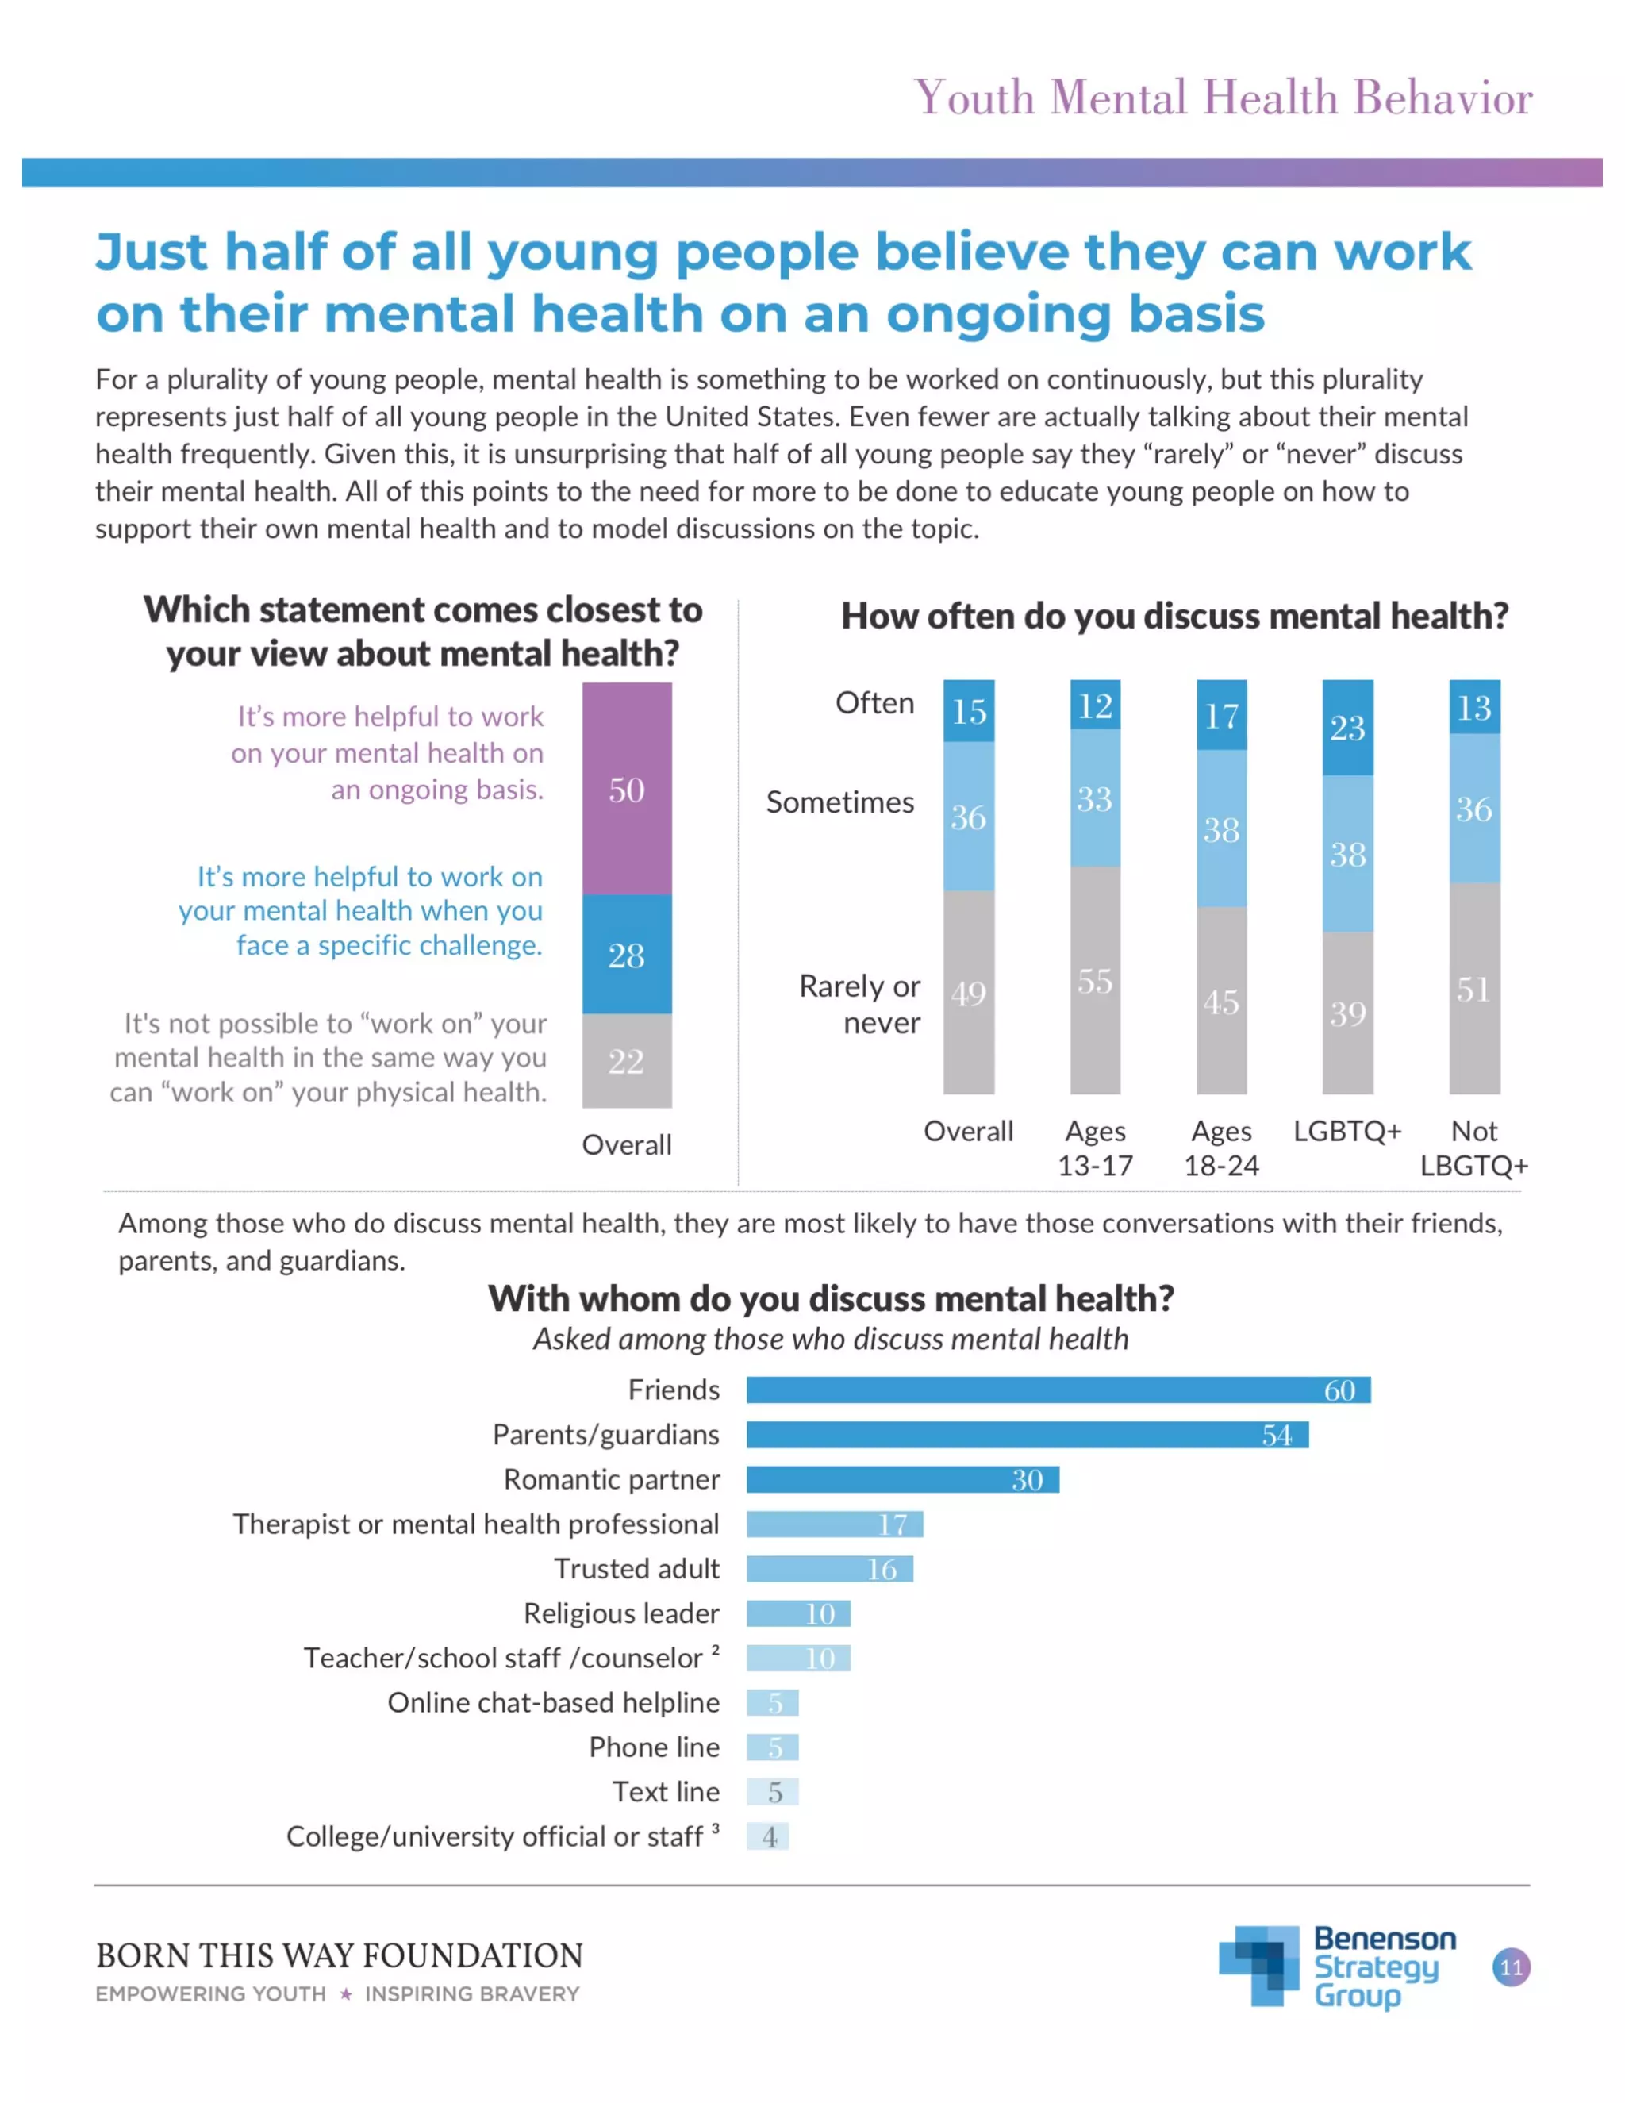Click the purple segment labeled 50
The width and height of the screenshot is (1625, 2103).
pos(627,789)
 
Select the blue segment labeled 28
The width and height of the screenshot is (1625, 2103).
pos(627,953)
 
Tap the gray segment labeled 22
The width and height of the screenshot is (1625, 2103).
pos(627,1060)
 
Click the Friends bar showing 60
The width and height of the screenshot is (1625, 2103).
pos(1057,1390)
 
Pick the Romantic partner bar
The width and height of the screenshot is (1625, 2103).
pos(902,1479)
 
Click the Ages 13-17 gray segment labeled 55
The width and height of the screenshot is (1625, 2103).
pos(1094,980)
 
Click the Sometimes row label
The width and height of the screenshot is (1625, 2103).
pos(839,802)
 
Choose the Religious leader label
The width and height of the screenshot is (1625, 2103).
pos(621,1613)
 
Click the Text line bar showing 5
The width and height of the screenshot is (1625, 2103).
pos(772,1792)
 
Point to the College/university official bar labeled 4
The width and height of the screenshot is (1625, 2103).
pos(767,1836)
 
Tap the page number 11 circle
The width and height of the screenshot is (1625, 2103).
pos(1511,1967)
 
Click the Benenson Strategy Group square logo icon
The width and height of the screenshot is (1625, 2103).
pos(1259,1965)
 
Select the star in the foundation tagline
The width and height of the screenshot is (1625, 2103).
pos(346,1994)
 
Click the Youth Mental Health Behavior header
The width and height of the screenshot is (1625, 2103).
pos(1223,98)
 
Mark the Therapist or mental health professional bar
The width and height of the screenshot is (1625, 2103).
pos(834,1524)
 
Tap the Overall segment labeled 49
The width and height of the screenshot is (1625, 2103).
pos(969,992)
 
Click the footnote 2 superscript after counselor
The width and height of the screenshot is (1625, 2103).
pos(715,1650)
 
